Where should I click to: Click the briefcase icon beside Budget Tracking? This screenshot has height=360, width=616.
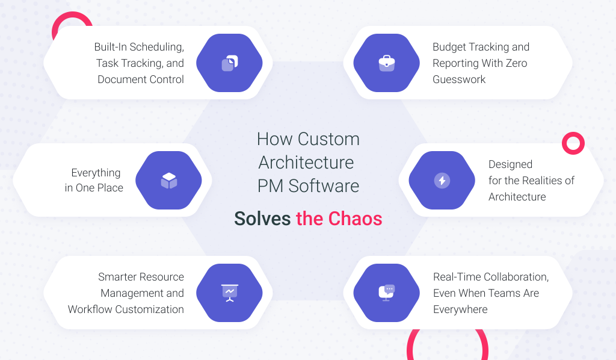click(x=387, y=63)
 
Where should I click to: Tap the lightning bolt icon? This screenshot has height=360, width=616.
click(x=442, y=181)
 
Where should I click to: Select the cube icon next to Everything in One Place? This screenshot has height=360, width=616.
click(x=169, y=181)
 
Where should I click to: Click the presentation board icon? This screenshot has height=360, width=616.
click(x=230, y=293)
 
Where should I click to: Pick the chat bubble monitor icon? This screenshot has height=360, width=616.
click(x=387, y=293)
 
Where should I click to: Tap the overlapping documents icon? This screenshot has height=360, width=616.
click(x=230, y=63)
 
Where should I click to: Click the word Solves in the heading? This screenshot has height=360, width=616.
click(x=262, y=219)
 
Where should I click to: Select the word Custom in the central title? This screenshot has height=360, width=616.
click(x=328, y=139)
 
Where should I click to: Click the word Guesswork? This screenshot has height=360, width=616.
click(x=459, y=79)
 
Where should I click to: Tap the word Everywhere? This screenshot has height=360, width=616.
click(x=460, y=309)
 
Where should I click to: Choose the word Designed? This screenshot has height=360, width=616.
click(x=510, y=164)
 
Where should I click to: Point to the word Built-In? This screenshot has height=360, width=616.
click(x=111, y=47)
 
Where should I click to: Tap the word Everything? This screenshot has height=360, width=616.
click(x=96, y=173)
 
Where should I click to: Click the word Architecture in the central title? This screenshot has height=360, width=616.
click(x=306, y=163)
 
